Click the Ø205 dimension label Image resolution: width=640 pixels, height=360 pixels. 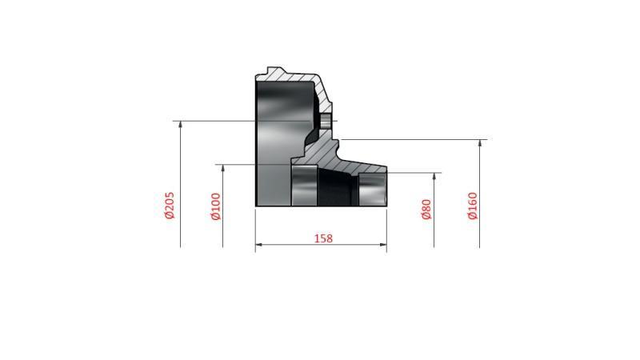click(x=170, y=205)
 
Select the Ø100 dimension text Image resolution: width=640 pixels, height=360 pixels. click(x=215, y=206)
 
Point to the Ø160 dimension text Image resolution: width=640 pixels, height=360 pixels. click(x=472, y=206)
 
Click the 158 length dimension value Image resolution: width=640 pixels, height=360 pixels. click(x=322, y=238)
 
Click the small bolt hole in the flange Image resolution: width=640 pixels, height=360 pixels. click(x=326, y=121)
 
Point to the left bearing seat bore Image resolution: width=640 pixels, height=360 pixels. click(x=303, y=186)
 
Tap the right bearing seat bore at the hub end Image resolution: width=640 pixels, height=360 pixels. click(x=372, y=189)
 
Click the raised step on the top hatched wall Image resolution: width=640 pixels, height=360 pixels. click(x=276, y=70)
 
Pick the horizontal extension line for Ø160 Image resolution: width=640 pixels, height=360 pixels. click(x=416, y=139)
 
